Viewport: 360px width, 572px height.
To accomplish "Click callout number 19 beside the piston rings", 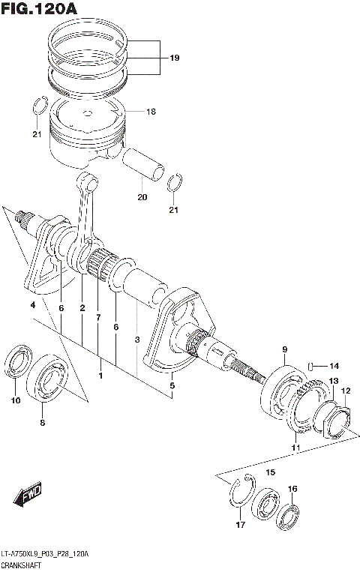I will tap(173, 57).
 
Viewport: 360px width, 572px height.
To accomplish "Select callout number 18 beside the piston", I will tap(151, 112).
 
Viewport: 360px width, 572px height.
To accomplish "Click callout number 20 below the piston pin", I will tap(142, 198).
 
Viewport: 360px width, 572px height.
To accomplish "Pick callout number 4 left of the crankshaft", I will tap(33, 305).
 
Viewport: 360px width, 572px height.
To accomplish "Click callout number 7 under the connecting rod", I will tap(98, 318).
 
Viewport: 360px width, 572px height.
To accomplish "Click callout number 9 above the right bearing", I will tap(285, 350).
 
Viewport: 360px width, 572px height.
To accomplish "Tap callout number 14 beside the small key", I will tap(334, 366).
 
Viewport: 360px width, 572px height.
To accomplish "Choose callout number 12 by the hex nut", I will tap(346, 391).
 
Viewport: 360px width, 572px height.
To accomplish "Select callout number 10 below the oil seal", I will tap(14, 401).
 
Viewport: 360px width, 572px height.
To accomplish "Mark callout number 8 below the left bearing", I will tap(43, 424).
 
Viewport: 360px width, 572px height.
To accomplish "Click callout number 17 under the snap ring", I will tap(241, 525).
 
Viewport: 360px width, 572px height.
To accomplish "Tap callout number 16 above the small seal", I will tap(292, 489).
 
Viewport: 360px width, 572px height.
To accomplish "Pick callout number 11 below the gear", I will tap(295, 448).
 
